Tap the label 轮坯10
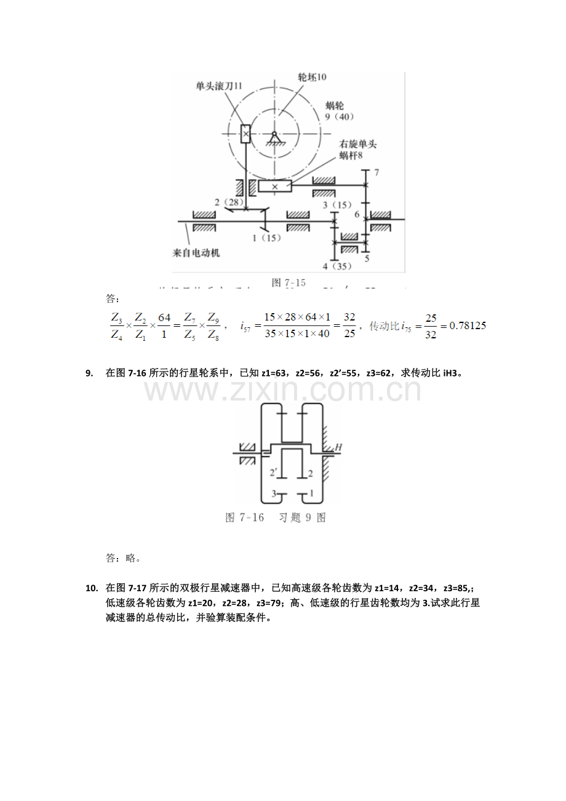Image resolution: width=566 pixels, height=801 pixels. (312, 78)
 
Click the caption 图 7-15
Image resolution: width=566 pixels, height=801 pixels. (289, 282)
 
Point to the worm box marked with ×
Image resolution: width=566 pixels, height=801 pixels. (274, 186)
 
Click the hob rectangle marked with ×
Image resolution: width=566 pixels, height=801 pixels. (245, 133)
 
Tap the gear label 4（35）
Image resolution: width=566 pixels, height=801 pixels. (338, 266)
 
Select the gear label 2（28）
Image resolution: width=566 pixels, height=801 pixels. (229, 202)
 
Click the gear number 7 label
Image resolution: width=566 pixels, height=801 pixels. (377, 172)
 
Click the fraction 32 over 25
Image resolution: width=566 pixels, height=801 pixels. (349, 325)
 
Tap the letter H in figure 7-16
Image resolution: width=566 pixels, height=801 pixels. (338, 448)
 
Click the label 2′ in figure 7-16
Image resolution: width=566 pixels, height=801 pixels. (275, 473)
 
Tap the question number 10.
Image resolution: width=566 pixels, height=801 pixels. (92, 588)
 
